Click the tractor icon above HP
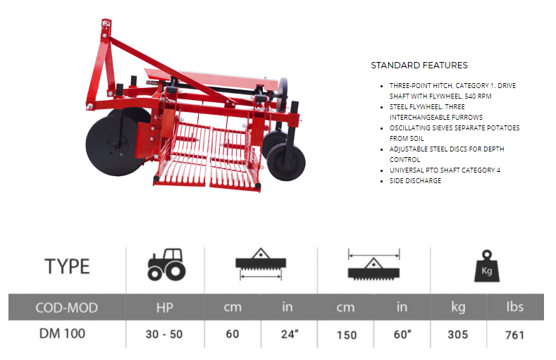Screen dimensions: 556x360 click(x=166, y=264)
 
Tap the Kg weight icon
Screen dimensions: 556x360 click(x=487, y=266)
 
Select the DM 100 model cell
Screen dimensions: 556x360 click(x=62, y=333)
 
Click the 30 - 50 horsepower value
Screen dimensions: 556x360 click(x=163, y=334)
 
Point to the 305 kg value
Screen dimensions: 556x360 click(x=458, y=335)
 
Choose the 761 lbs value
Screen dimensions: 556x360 click(x=514, y=335)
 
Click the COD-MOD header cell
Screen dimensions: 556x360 click(x=67, y=308)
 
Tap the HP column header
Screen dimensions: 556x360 click(x=165, y=308)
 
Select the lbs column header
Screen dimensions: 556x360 click(x=515, y=307)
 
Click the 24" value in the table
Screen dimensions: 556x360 click(x=290, y=334)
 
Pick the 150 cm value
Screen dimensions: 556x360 click(x=347, y=335)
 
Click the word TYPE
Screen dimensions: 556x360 click(x=67, y=266)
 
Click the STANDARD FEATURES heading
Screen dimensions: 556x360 click(x=419, y=66)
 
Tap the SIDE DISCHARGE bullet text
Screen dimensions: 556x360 click(x=415, y=181)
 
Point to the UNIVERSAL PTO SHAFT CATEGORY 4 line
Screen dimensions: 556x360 click(x=445, y=170)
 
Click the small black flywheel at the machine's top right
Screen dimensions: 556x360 click(x=283, y=94)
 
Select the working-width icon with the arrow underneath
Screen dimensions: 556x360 click(x=261, y=264)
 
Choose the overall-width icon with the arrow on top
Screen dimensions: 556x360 click(x=373, y=264)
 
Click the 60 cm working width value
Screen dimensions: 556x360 click(x=233, y=334)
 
